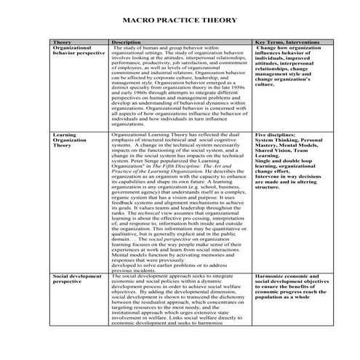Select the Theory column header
pyautogui.click(x=63, y=42)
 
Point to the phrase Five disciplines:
pyautogui.click(x=277, y=135)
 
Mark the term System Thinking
pyautogui.click(x=281, y=140)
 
